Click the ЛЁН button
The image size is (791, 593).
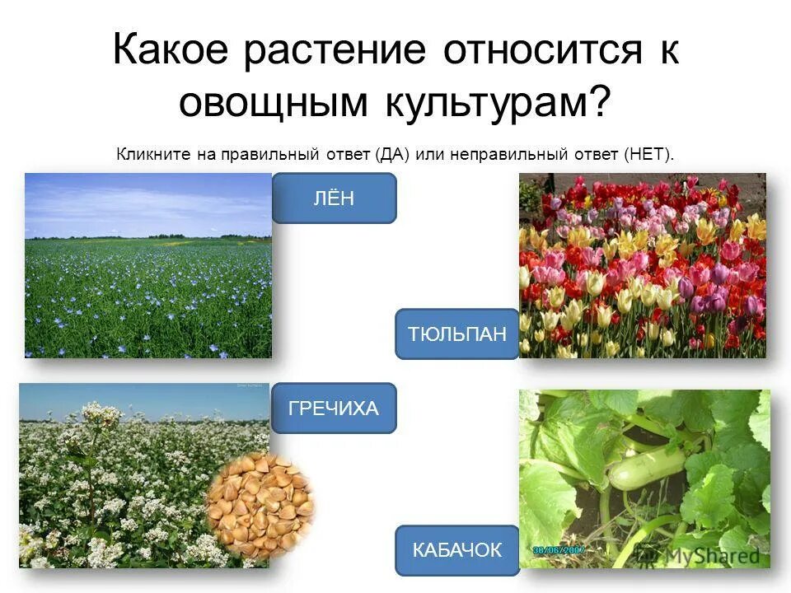point(334,198)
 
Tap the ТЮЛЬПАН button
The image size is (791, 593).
point(457,334)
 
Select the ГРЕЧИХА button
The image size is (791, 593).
point(334,408)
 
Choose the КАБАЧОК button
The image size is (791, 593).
point(457,550)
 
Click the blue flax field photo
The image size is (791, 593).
point(148,296)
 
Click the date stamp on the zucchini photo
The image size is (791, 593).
point(560,549)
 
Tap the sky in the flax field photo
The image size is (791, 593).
point(148,202)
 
